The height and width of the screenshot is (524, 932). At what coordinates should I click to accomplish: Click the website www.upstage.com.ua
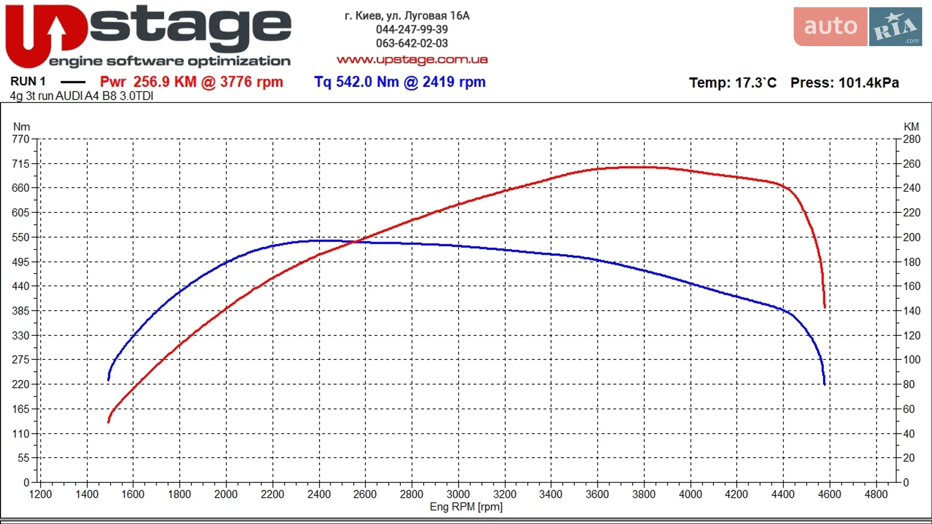click(412, 60)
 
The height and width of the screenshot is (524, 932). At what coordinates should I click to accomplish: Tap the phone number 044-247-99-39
click(412, 30)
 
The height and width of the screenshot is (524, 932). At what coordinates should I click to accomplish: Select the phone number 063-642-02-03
click(412, 43)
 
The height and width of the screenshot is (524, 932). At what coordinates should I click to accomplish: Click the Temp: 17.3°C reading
click(732, 82)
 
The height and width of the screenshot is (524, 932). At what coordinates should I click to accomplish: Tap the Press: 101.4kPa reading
click(845, 82)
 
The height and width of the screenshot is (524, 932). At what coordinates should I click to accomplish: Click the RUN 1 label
click(28, 81)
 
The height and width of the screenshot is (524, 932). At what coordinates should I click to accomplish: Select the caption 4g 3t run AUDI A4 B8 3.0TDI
click(82, 96)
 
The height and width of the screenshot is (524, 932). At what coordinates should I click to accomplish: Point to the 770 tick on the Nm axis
click(21, 139)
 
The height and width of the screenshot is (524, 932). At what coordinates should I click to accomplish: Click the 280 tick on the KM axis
click(912, 139)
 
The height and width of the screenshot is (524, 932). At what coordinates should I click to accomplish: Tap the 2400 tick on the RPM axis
click(319, 494)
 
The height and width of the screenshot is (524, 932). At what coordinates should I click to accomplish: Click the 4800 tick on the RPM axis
click(876, 494)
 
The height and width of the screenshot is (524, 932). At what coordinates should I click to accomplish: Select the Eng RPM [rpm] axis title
click(466, 507)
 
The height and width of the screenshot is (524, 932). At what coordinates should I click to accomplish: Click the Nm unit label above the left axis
click(21, 127)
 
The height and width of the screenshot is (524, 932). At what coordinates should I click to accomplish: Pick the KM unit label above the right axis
click(911, 127)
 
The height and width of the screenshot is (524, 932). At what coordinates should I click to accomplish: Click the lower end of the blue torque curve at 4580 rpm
click(824, 384)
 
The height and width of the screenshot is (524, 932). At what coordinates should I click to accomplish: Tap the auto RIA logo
click(858, 27)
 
